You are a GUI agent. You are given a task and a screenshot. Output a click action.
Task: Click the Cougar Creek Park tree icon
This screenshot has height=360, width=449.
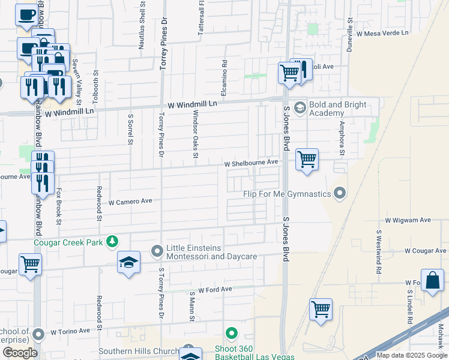[x=112, y=242]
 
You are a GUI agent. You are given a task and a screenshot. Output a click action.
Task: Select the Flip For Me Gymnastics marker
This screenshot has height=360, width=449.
[x=340, y=193]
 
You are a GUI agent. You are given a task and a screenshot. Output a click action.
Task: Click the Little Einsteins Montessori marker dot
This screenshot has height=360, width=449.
[x=157, y=250]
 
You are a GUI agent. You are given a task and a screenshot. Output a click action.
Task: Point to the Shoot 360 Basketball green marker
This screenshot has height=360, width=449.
[x=232, y=334]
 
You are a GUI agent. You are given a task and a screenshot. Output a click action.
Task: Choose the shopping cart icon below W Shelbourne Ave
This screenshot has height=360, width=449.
[x=307, y=160]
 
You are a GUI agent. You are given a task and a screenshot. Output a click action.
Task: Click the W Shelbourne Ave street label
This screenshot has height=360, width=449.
[x=252, y=163]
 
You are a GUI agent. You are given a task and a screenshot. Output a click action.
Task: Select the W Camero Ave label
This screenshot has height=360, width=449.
[x=130, y=202]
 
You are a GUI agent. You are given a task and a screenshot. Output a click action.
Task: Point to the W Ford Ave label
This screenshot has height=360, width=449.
[x=215, y=289]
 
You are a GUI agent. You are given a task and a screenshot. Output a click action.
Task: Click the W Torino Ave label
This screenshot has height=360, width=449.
[x=70, y=331]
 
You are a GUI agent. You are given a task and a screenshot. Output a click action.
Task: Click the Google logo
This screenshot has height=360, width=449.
[x=20, y=353]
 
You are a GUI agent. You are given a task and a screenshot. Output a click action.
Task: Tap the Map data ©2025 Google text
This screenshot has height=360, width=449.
[x=411, y=355]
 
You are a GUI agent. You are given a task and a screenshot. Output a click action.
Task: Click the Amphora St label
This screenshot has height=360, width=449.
[x=342, y=139]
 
